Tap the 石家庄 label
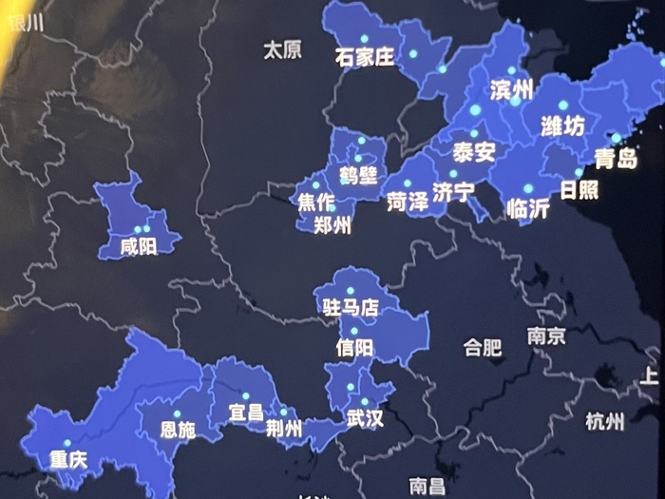pyautogui.click(x=364, y=57)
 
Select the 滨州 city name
pyautogui.click(x=512, y=91)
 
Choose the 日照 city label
pyautogui.click(x=579, y=189)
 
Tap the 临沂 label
pyautogui.click(x=528, y=209)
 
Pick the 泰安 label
pyautogui.click(x=473, y=152)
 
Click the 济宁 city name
pyautogui.click(x=453, y=192)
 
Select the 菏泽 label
pyautogui.click(x=408, y=201)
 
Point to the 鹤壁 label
pyautogui.click(x=358, y=176)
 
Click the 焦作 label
pyautogui.click(x=316, y=202)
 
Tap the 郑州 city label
pyautogui.click(x=332, y=225)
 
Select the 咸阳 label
pyautogui.click(x=140, y=247)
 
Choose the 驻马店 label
pyautogui.click(x=350, y=307)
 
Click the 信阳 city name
pyautogui.click(x=354, y=348)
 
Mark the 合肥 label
pyautogui.click(x=482, y=347)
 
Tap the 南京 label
pyautogui.click(x=546, y=336)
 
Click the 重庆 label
pyautogui.click(x=67, y=460)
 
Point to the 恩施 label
pyautogui.click(x=178, y=430)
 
